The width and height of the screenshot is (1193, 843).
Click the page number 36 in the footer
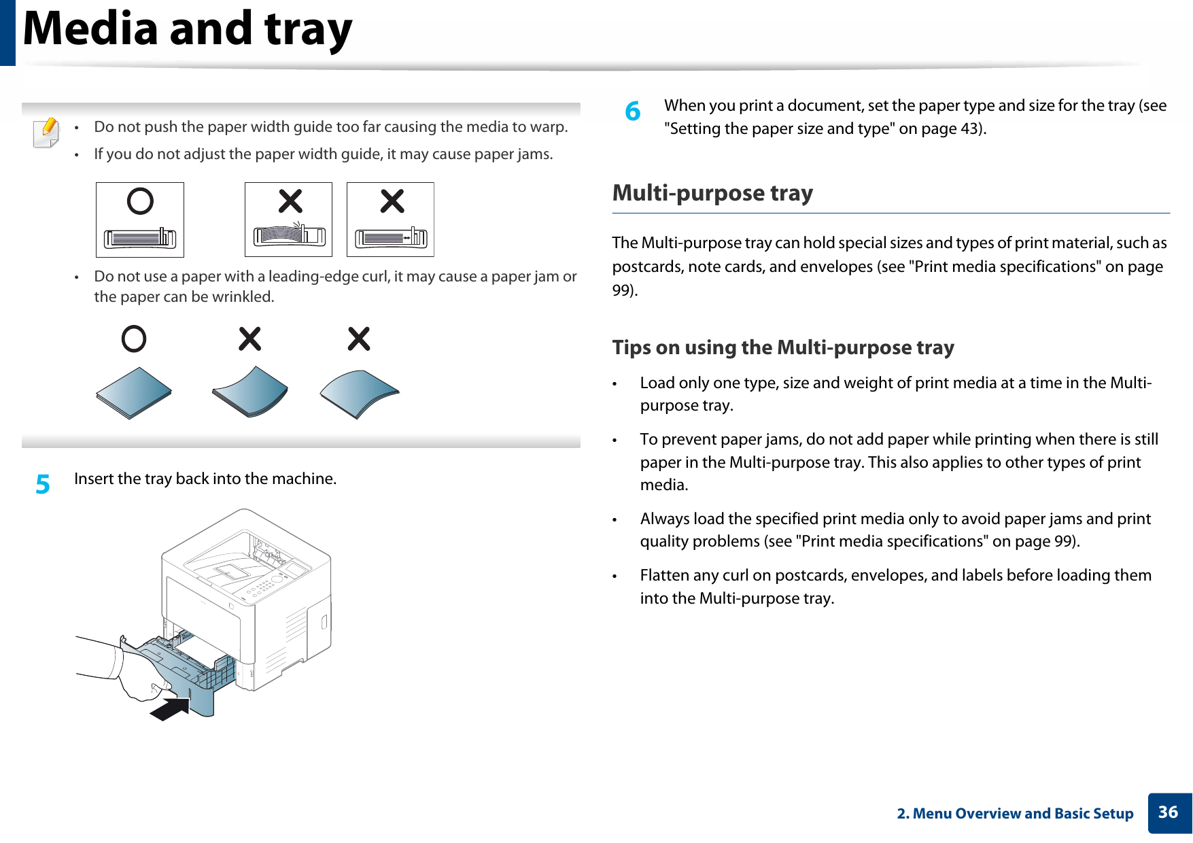(x=1168, y=812)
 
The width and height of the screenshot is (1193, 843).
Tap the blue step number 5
(x=43, y=485)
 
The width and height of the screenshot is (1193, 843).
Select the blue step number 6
(x=633, y=111)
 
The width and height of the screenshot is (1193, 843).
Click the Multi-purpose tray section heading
(x=712, y=193)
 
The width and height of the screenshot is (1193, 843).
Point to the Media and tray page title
(x=188, y=29)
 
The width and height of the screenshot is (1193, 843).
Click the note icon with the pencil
(x=46, y=132)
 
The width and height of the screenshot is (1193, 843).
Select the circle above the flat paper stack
(x=134, y=339)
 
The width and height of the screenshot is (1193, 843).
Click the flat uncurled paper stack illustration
(x=134, y=393)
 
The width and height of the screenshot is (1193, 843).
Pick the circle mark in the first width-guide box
(x=140, y=201)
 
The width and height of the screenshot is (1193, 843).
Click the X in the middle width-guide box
(x=290, y=201)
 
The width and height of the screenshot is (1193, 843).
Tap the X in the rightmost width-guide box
(x=392, y=201)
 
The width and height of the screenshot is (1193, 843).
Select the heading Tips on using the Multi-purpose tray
(x=783, y=347)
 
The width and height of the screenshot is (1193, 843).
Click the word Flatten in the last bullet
(x=664, y=575)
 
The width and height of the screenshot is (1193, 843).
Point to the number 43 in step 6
(x=968, y=128)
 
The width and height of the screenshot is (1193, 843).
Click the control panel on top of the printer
(x=269, y=585)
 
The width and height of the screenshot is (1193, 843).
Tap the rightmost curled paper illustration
(x=359, y=394)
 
